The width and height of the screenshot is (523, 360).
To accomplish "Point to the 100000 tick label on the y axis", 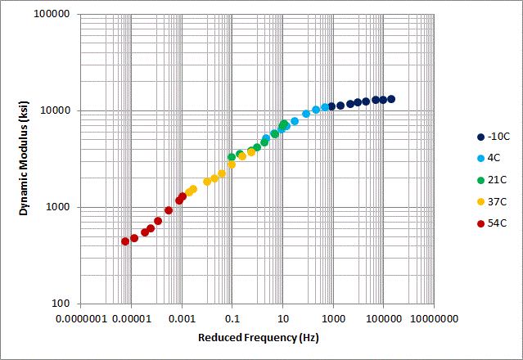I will pos(51,15).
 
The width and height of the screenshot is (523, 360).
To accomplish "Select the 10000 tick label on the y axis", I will pos(53,110).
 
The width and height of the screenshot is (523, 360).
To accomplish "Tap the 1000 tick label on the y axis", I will pos(56,207).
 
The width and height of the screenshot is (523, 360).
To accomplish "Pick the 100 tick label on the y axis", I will pos(59,304).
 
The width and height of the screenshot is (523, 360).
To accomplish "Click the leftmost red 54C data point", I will pos(125,241).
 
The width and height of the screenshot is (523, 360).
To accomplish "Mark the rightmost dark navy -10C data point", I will pos(391,99).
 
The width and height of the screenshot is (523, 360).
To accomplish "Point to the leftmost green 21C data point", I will pos(232,157).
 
